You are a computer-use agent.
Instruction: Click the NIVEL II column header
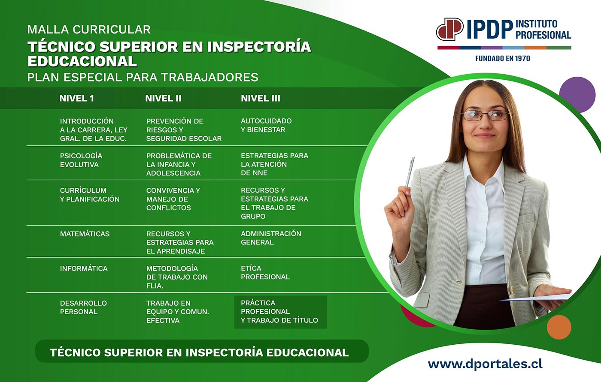pos(163,98)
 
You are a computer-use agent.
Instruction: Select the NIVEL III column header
pos(260,98)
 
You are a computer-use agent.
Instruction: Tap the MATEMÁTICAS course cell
pos(85,234)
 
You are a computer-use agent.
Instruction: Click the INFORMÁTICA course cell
pos(84,268)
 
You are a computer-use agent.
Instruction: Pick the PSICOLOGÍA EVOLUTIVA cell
pos(81,160)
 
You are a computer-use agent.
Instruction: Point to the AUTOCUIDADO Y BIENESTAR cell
pos(266,125)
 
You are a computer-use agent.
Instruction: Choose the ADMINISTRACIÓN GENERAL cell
pos(271,238)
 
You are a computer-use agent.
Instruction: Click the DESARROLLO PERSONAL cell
pos(83,307)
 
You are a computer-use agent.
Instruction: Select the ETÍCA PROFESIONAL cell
pos(265,272)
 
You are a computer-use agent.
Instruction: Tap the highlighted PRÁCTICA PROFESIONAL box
pos(281,312)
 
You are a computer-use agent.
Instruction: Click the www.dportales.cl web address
pos(485,364)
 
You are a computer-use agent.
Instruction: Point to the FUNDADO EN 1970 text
pos(503,58)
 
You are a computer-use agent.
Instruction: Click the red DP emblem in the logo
pos(450,29)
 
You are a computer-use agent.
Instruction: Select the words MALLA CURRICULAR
pos(89,30)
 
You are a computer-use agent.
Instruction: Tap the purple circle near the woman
pos(577,94)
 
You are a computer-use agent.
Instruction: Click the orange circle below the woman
pos(559,327)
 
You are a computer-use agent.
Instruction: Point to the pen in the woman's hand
pos(410,172)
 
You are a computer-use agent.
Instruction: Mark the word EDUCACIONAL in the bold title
pos(82,61)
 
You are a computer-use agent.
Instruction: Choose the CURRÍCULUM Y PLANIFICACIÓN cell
pos(90,195)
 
